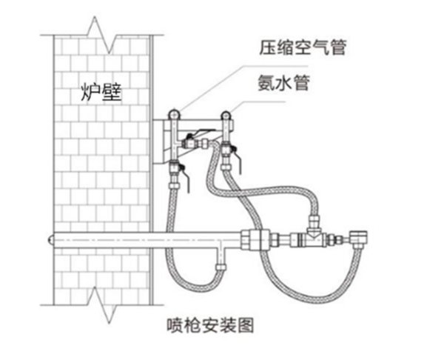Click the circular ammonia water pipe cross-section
(x=226, y=116)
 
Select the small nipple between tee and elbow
(x=340, y=239)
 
